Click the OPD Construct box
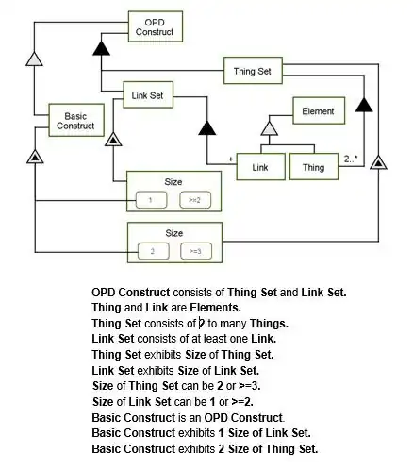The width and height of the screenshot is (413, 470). pos(156,26)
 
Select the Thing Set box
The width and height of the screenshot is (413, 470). pos(253,71)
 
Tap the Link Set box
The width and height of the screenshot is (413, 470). pos(148,94)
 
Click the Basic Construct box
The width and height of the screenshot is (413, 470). pos(76,120)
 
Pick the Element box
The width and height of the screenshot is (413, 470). pos(319,110)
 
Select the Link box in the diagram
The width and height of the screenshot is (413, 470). pos(261,167)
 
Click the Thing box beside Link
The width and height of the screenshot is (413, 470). pos(314,167)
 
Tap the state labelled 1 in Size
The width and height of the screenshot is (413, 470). pos(151,200)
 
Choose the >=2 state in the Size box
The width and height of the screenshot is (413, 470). pos(195,200)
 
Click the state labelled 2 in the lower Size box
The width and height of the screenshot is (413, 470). pos(154,251)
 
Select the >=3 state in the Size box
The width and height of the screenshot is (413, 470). pos(196,251)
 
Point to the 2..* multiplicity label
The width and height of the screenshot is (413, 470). pos(351,159)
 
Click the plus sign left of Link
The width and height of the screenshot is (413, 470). pos(231,159)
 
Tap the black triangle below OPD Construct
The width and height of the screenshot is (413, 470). pos(101,48)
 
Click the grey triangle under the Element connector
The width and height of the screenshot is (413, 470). pos(270,128)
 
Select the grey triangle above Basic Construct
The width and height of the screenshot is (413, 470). pos(34,59)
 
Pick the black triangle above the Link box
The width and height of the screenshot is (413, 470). pos(207,127)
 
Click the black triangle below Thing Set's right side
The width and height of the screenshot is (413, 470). pos(364,105)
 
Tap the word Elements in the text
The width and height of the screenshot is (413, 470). pos(215,308)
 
